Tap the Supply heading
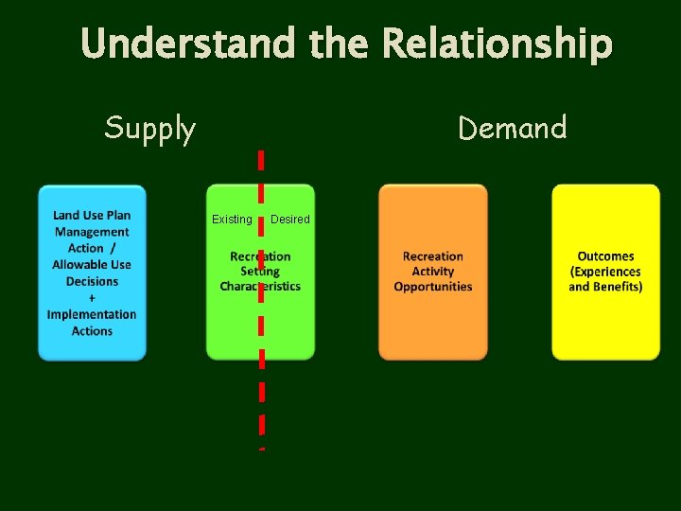pos(149,128)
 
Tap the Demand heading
pos(512,127)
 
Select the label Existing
pos(232,220)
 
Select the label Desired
pos(290,220)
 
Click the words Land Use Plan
pos(92,216)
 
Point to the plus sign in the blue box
pos(92,298)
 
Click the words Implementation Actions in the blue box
pos(92,323)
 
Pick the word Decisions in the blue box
pos(92,281)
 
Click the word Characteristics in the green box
pos(260,287)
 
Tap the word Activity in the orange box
pos(433,272)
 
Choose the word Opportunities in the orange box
pos(433,287)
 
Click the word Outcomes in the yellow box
pos(605,256)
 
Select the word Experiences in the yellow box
pos(606,272)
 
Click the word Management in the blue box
pos(92,232)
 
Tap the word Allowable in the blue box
pos(79,265)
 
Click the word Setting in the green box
pos(260,272)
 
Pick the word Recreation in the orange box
pos(433,256)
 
